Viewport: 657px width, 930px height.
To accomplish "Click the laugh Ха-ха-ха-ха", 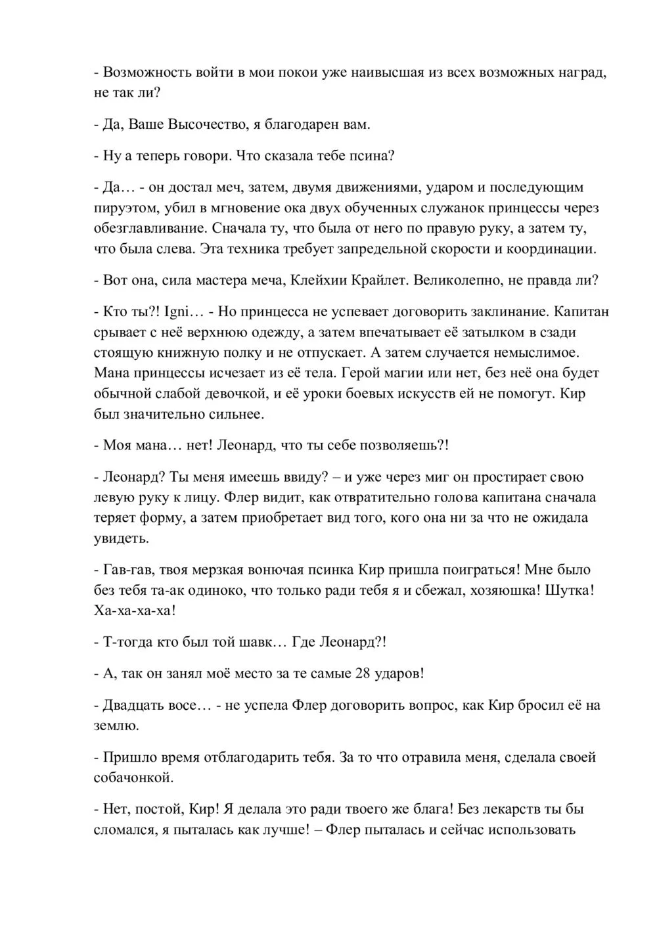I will pyautogui.click(x=135, y=611).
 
